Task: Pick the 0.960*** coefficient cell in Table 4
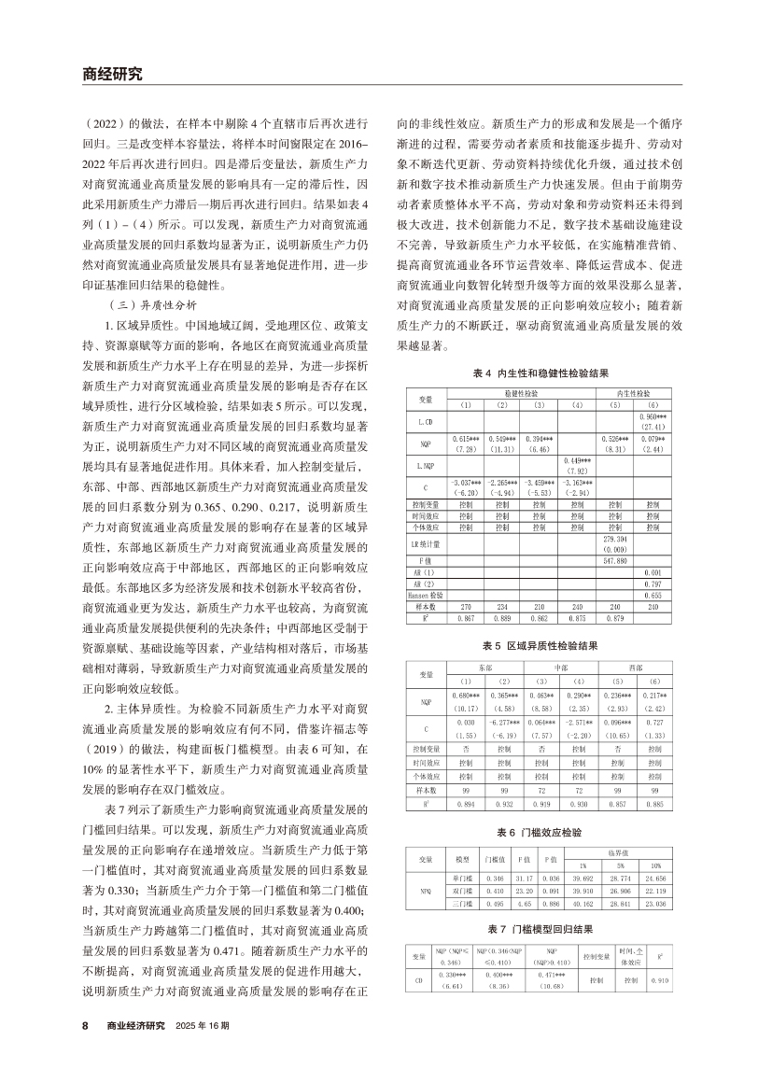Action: pos(652,417)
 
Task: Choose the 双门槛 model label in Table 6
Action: pos(459,891)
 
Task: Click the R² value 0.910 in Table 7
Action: pos(660,980)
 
